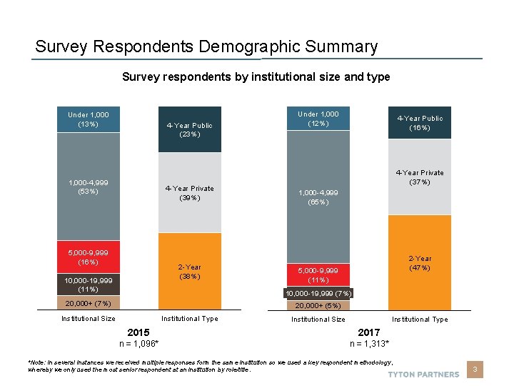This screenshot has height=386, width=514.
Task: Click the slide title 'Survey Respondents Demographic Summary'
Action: [206, 47]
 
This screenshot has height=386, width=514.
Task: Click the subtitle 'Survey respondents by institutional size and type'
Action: [256, 76]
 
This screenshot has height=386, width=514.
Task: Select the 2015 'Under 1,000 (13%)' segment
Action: [89, 119]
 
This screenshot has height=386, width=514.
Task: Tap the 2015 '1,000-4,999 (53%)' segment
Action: [89, 187]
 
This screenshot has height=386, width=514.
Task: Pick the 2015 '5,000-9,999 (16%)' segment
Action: [89, 257]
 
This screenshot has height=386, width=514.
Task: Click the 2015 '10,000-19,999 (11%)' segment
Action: [89, 284]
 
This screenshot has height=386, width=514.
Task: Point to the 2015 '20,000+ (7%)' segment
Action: [89, 304]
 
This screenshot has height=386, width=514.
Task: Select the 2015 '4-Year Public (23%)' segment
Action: [190, 129]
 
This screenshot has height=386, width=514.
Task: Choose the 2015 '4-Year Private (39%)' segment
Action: [190, 193]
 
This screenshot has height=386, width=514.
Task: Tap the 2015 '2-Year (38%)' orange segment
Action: [190, 272]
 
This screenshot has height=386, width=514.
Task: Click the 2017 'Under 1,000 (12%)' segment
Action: [318, 119]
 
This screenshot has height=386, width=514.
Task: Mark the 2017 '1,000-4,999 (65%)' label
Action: [318, 197]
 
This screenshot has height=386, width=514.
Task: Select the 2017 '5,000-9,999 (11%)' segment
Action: [318, 274]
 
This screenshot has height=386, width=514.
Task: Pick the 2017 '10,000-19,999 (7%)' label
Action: [318, 294]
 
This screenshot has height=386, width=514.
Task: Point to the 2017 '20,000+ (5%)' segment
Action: [318, 306]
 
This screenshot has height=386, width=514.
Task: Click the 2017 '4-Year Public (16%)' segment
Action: [420, 123]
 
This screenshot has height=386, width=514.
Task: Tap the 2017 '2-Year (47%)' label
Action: [420, 263]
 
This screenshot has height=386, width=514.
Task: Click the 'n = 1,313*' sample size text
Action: [369, 344]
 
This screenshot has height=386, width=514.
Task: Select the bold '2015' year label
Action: [138, 332]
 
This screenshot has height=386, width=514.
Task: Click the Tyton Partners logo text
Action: [423, 374]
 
